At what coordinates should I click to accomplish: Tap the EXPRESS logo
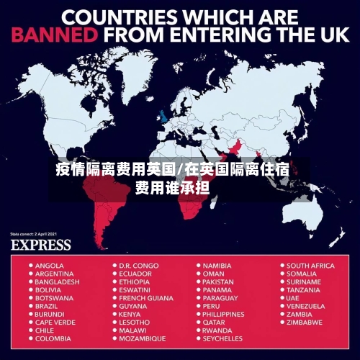[40, 245]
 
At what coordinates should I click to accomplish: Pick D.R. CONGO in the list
[139, 266]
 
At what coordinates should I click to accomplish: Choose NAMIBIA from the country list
[217, 266]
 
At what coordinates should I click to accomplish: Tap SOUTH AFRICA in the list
[310, 266]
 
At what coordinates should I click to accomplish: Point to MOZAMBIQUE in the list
[142, 338]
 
